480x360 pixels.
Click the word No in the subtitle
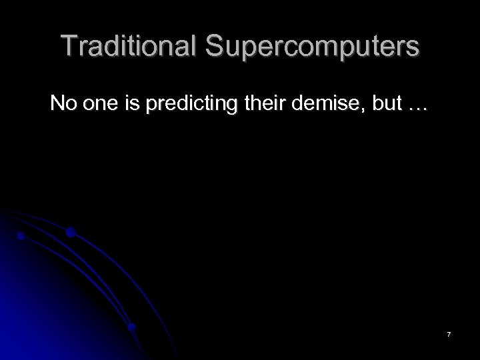[64, 104]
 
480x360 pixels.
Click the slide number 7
[449, 333]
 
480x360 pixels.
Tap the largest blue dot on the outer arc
[70, 232]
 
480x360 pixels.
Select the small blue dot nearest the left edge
[21, 236]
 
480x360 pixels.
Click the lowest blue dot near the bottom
[132, 327]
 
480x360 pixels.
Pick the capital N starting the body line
[58, 104]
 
